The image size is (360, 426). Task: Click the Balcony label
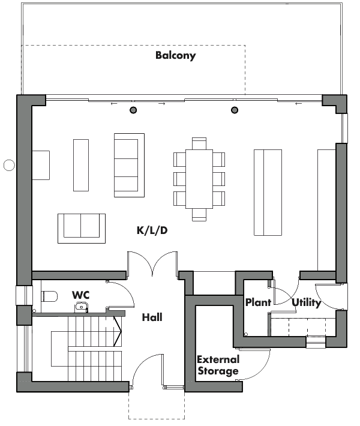[176, 55]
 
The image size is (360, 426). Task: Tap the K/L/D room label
[152, 230]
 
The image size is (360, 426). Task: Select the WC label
[80, 295]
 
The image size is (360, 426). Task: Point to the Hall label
[152, 317]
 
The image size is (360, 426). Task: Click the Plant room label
[258, 302]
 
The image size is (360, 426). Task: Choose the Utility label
[307, 302]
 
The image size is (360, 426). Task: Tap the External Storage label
[218, 365]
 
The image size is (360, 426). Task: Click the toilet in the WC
[49, 296]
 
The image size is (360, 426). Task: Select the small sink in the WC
[81, 307]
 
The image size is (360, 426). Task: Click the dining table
[199, 179]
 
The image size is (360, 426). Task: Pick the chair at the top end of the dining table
[199, 143]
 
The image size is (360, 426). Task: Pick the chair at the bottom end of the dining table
[199, 215]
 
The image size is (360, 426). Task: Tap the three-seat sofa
[130, 165]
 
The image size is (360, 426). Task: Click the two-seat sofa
[82, 229]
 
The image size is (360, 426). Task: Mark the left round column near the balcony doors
[133, 110]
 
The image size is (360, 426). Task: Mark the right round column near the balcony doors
[235, 110]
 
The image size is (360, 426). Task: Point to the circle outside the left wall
[9, 165]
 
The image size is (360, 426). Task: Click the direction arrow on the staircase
[118, 331]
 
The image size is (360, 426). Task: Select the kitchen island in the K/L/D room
[268, 193]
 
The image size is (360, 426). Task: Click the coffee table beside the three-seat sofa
[81, 165]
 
